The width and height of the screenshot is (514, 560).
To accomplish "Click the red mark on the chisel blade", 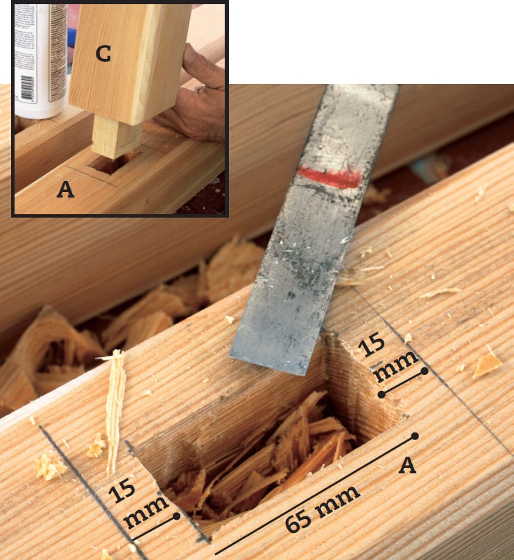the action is pyautogui.click(x=329, y=177).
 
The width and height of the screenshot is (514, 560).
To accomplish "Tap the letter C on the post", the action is pyautogui.click(x=103, y=53).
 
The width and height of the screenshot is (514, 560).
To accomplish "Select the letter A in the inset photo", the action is pyautogui.click(x=65, y=189).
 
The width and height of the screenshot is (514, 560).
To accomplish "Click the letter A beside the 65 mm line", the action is pyautogui.click(x=407, y=466).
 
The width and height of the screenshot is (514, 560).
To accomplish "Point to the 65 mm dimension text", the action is pyautogui.click(x=323, y=508).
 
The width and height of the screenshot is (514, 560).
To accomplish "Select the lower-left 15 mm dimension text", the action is pyautogui.click(x=138, y=504).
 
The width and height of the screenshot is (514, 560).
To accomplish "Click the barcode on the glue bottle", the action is pyautogui.click(x=27, y=87).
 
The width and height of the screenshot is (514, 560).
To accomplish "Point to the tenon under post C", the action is pyautogui.click(x=114, y=137).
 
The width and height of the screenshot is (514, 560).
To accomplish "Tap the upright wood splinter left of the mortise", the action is pyautogui.click(x=115, y=411).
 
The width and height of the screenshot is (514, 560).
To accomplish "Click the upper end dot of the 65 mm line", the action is pyautogui.click(x=415, y=436).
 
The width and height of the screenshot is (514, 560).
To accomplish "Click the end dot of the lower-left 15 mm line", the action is pyautogui.click(x=176, y=516).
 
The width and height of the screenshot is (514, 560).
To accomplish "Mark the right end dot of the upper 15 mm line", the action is pyautogui.click(x=425, y=371).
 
